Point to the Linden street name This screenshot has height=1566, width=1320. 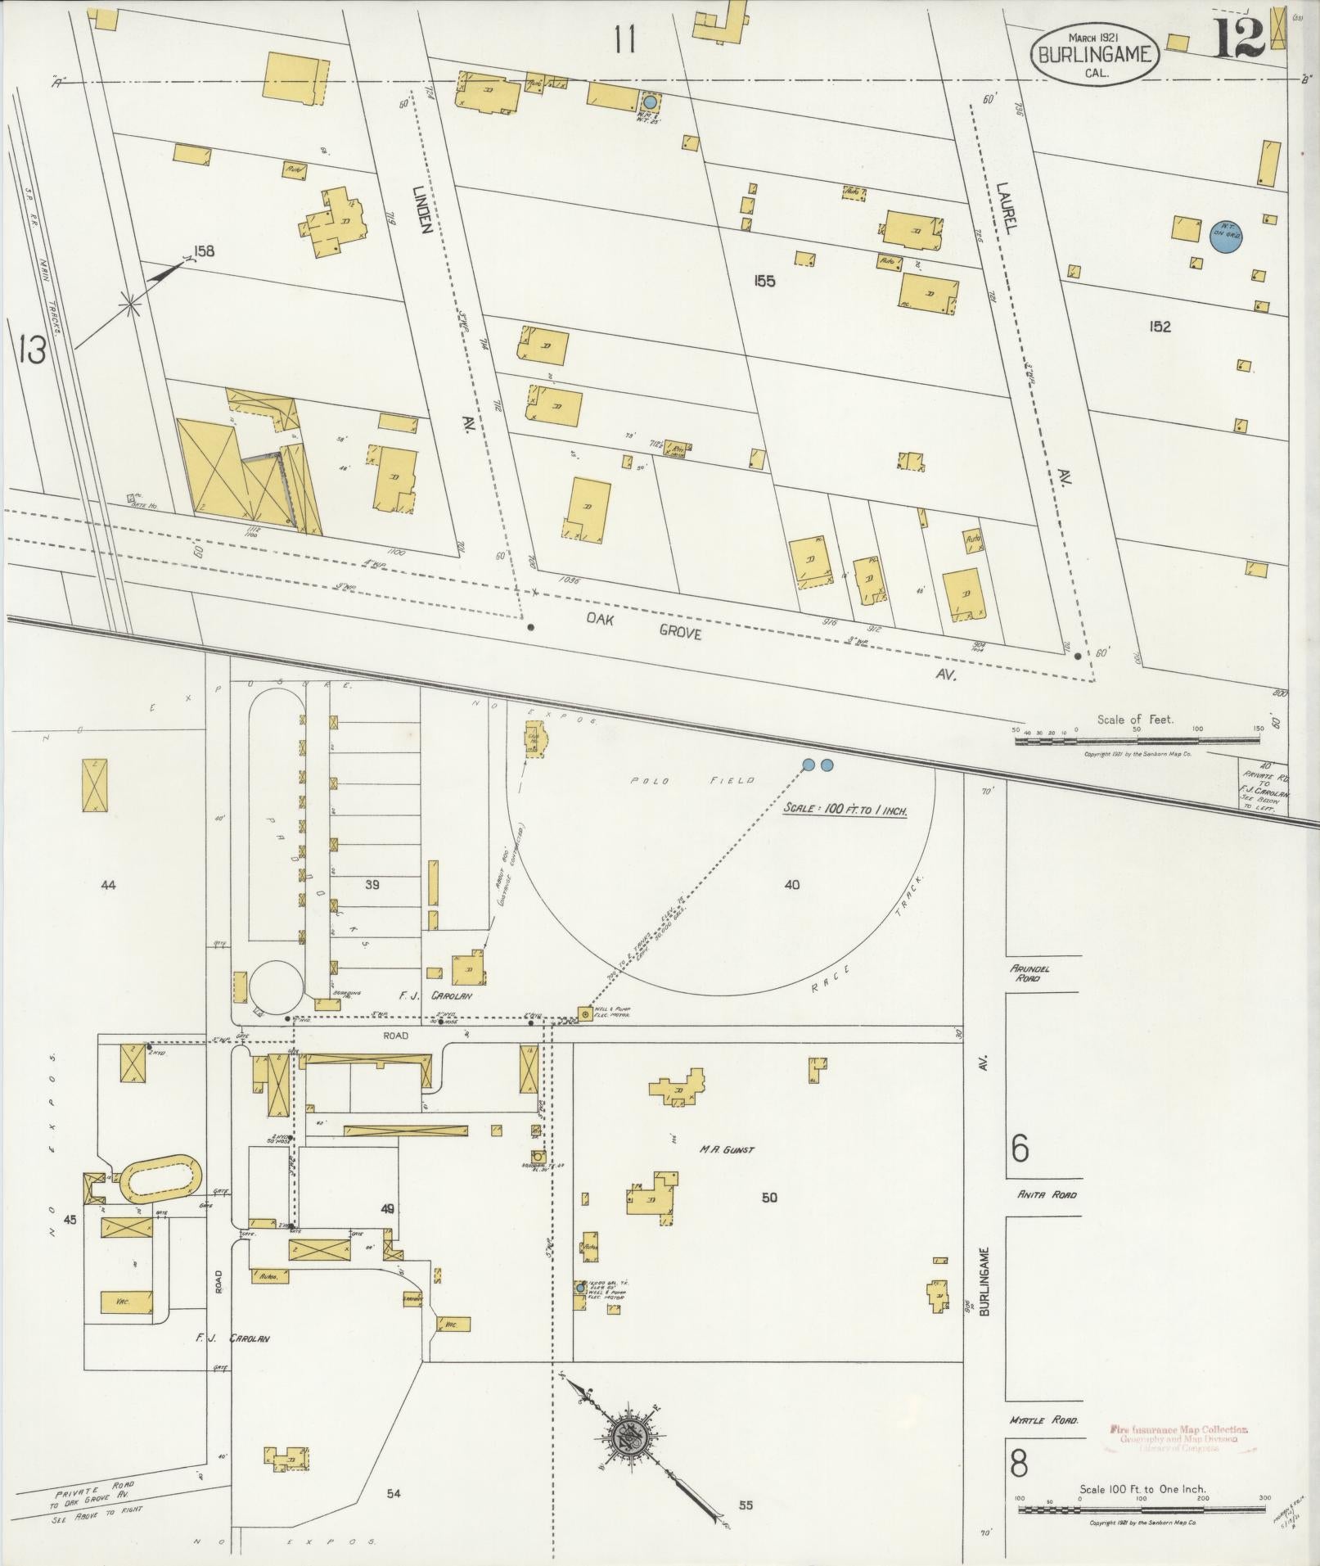point(422,209)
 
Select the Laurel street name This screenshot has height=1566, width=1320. point(1006,209)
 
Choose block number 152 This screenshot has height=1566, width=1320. point(1160,327)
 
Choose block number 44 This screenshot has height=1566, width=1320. point(108,884)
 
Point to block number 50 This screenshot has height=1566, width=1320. point(769,1198)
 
